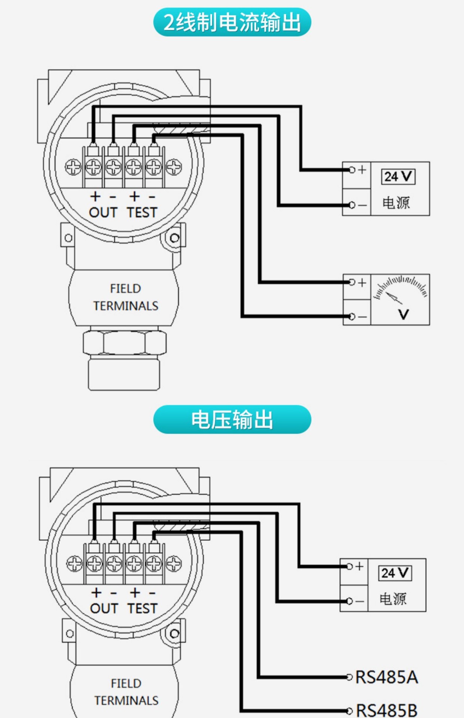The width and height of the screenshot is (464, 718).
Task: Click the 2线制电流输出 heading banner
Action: click(232, 22)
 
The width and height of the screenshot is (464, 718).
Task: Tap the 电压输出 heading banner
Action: click(232, 419)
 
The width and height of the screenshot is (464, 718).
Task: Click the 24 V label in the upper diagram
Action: click(398, 177)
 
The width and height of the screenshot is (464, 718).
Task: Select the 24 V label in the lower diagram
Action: click(395, 573)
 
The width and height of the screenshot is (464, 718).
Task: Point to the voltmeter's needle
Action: click(394, 298)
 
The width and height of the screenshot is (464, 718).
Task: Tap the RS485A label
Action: click(387, 677)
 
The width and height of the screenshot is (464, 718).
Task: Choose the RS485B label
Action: click(387, 710)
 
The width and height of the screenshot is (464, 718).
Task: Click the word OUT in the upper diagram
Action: click(103, 212)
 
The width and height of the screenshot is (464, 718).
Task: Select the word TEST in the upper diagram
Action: click(142, 212)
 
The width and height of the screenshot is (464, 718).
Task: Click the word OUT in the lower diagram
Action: click(104, 608)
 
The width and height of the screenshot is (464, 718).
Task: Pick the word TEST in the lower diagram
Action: click(142, 608)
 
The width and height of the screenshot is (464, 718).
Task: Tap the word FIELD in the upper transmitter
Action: click(125, 289)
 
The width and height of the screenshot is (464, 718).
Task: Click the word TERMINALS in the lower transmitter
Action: click(126, 700)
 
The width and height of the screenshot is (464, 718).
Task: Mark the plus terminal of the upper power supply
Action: click(352, 170)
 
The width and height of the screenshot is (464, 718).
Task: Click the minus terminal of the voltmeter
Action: click(352, 317)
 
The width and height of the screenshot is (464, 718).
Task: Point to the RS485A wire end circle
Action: click(349, 677)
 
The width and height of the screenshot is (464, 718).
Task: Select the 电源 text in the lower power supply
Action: click(393, 599)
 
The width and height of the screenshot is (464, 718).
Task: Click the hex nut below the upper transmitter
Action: click(125, 343)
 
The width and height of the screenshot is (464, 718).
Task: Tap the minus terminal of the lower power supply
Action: click(349, 601)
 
